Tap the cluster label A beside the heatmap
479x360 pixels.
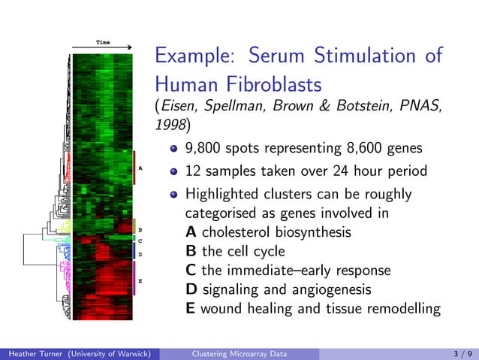tap(140, 168)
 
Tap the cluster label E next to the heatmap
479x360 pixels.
tap(140, 281)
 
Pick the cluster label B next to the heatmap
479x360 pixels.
tap(140, 230)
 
